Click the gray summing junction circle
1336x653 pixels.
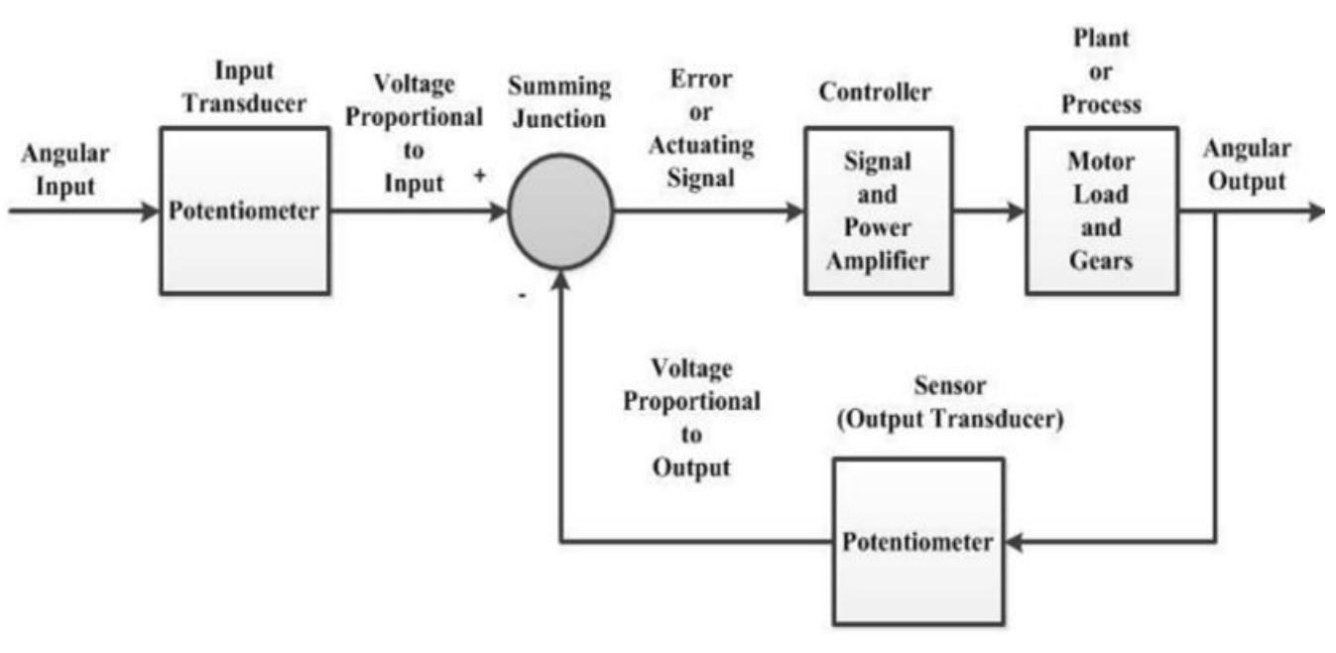pyautogui.click(x=561, y=211)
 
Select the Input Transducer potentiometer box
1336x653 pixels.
pyautogui.click(x=244, y=210)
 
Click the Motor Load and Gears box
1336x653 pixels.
pyautogui.click(x=1101, y=210)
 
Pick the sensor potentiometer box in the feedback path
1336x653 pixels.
pyautogui.click(x=916, y=542)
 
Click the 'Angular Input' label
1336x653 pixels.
pyautogui.click(x=66, y=170)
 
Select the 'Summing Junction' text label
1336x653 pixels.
pyautogui.click(x=561, y=102)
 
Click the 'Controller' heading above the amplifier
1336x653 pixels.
pyautogui.click(x=875, y=92)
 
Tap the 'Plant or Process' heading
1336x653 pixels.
pyautogui.click(x=1101, y=71)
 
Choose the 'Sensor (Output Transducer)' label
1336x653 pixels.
pyautogui.click(x=949, y=403)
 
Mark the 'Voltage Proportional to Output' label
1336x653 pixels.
pyautogui.click(x=691, y=418)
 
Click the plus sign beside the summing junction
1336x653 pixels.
pyautogui.click(x=479, y=176)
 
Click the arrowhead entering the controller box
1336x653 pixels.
pyautogui.click(x=794, y=211)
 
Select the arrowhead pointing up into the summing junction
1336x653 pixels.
pyautogui.click(x=561, y=279)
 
